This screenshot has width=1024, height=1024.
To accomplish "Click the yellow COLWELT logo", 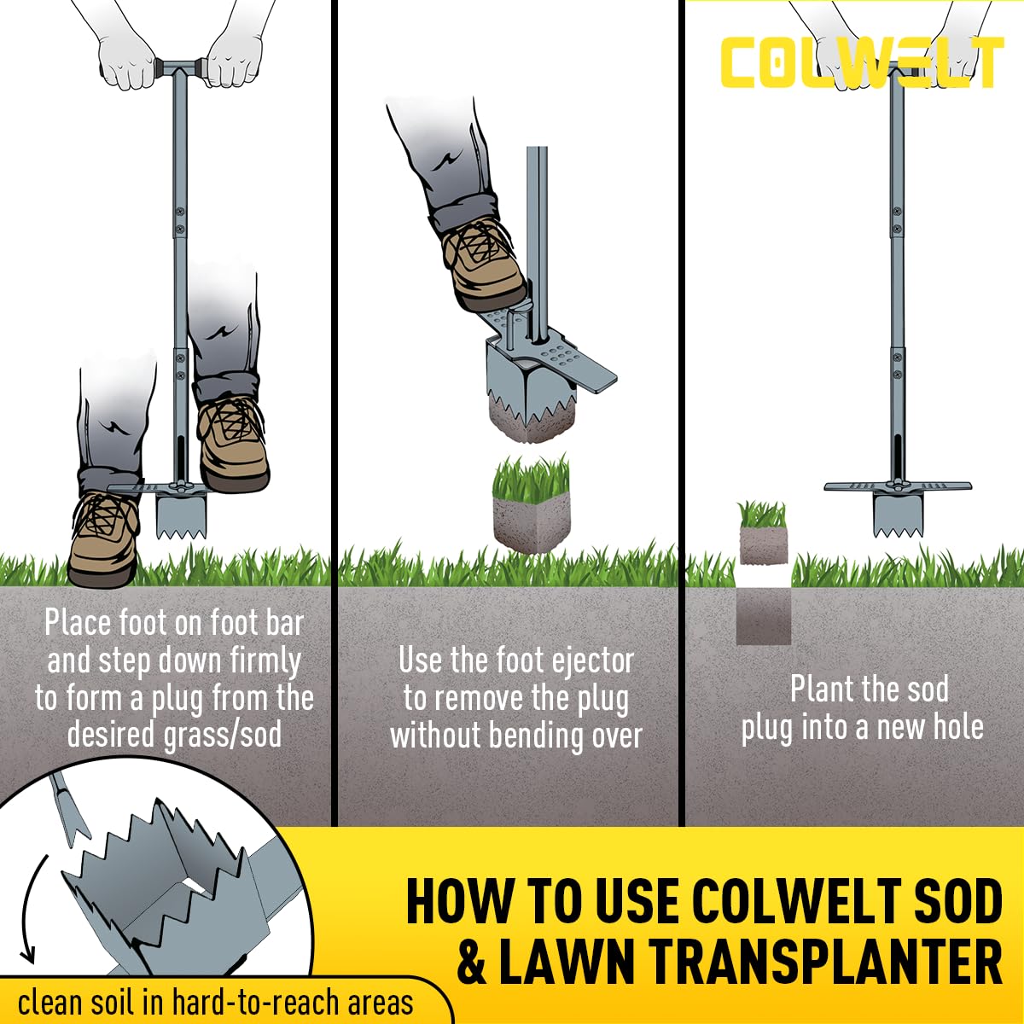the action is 863,62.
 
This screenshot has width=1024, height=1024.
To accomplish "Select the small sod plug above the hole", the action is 763,532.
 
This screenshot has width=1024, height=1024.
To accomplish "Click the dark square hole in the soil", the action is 763,615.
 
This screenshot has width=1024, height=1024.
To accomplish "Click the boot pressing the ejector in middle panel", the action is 486,269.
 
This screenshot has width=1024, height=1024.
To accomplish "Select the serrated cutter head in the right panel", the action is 897,512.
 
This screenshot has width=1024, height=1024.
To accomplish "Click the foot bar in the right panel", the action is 898,486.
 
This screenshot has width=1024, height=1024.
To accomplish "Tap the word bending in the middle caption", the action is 532,736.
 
